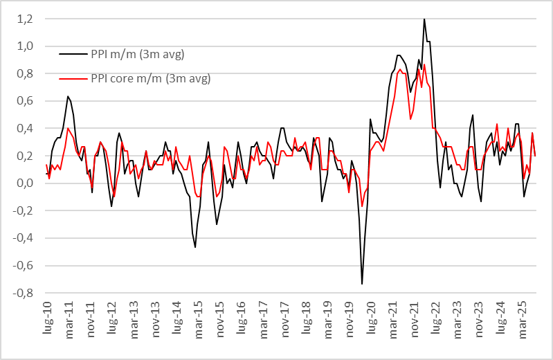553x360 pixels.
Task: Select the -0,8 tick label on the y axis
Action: (x=25, y=293)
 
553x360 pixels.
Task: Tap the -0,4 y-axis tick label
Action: (x=25, y=238)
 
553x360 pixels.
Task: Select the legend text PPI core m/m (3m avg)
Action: (x=150, y=78)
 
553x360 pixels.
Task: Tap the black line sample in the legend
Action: (x=73, y=54)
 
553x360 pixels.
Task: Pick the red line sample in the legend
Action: (x=73, y=78)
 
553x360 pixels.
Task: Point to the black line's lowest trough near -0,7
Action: (x=362, y=284)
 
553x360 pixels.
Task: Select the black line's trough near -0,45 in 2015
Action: (x=195, y=247)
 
